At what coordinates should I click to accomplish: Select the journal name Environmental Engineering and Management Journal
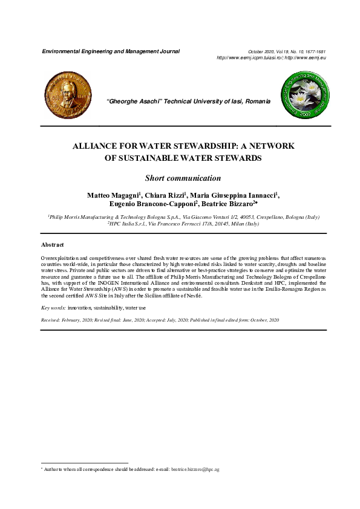[x=110, y=51]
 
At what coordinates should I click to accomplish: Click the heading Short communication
[x=183, y=178]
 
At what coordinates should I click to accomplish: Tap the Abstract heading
[x=53, y=245]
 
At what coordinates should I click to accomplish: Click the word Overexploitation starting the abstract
[x=63, y=258]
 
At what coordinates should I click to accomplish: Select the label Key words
[x=53, y=308]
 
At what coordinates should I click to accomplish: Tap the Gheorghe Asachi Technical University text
[x=188, y=102]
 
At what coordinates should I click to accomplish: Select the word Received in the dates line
[x=51, y=319]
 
